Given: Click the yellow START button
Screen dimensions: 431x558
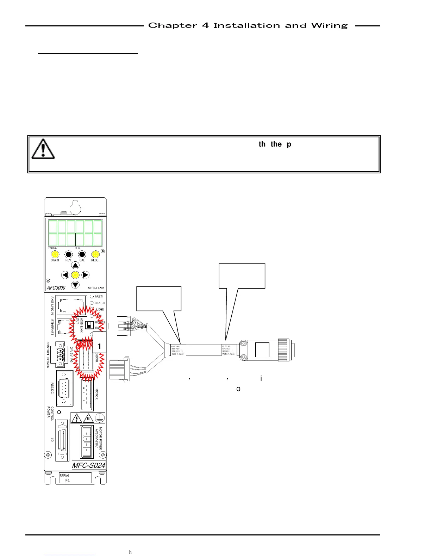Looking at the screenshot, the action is click(x=55, y=254).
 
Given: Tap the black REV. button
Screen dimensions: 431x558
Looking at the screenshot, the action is click(x=68, y=254).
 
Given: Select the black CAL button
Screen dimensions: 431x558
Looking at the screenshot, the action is click(x=82, y=254).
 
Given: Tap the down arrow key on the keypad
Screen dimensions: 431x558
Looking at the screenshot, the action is click(x=75, y=285).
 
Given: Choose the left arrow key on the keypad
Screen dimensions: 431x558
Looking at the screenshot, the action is click(x=65, y=275).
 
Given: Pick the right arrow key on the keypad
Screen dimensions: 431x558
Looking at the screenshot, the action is click(x=85, y=275).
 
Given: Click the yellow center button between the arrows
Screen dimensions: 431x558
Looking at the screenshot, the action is click(x=75, y=275).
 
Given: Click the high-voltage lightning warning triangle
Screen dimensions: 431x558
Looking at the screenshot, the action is click(x=76, y=418).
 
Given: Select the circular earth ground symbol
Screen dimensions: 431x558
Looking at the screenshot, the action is click(x=100, y=418).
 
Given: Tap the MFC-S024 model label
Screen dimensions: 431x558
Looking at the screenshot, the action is click(x=89, y=465).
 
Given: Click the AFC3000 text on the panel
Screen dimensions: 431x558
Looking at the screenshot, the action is click(x=56, y=287).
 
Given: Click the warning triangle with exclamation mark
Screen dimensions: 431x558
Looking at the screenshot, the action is click(x=43, y=149).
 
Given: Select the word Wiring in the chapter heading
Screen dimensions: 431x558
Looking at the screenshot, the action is click(x=329, y=26).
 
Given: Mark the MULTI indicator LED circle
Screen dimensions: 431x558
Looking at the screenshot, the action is click(x=92, y=297).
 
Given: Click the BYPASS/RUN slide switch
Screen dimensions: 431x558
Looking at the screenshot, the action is click(x=89, y=325).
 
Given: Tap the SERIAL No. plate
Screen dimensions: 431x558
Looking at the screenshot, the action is click(x=75, y=478).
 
